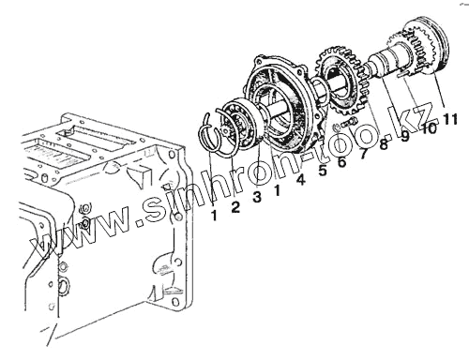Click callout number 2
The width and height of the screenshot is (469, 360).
click(235, 207)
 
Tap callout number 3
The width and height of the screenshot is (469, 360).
click(257, 197)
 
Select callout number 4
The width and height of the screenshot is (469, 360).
click(300, 180)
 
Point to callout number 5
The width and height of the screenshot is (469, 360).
click(323, 171)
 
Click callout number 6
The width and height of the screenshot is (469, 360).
click(342, 162)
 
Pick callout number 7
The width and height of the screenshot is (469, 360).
click(363, 154)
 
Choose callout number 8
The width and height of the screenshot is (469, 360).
click(384, 144)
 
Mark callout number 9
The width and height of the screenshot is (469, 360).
click(405, 136)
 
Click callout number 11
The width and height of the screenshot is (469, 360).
click(450, 119)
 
